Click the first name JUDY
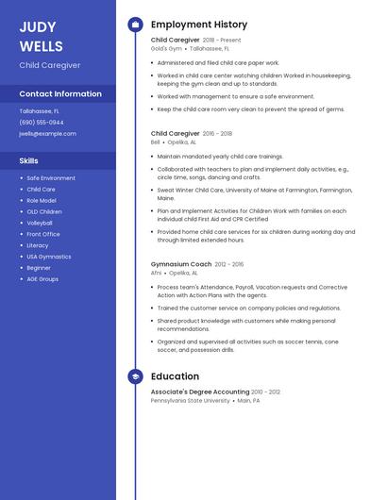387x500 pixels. click(37, 26)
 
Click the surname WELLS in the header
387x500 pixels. click(41, 46)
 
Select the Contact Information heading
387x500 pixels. click(60, 94)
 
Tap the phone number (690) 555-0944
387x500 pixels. click(42, 122)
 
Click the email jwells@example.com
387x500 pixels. click(47, 134)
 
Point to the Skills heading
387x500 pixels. click(29, 160)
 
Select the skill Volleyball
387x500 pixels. click(40, 223)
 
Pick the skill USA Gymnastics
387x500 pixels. click(49, 257)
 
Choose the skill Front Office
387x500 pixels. click(43, 234)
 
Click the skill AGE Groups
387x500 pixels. click(42, 279)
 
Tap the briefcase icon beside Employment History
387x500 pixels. click(135, 25)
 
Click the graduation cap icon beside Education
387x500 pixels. click(135, 376)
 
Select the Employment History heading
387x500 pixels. click(199, 25)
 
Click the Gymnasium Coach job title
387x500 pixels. click(181, 264)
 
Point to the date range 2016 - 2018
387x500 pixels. click(217, 134)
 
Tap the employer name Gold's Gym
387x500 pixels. click(166, 48)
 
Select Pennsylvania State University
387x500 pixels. click(191, 400)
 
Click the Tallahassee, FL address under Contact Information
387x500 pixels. click(40, 110)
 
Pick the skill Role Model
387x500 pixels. click(41, 200)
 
